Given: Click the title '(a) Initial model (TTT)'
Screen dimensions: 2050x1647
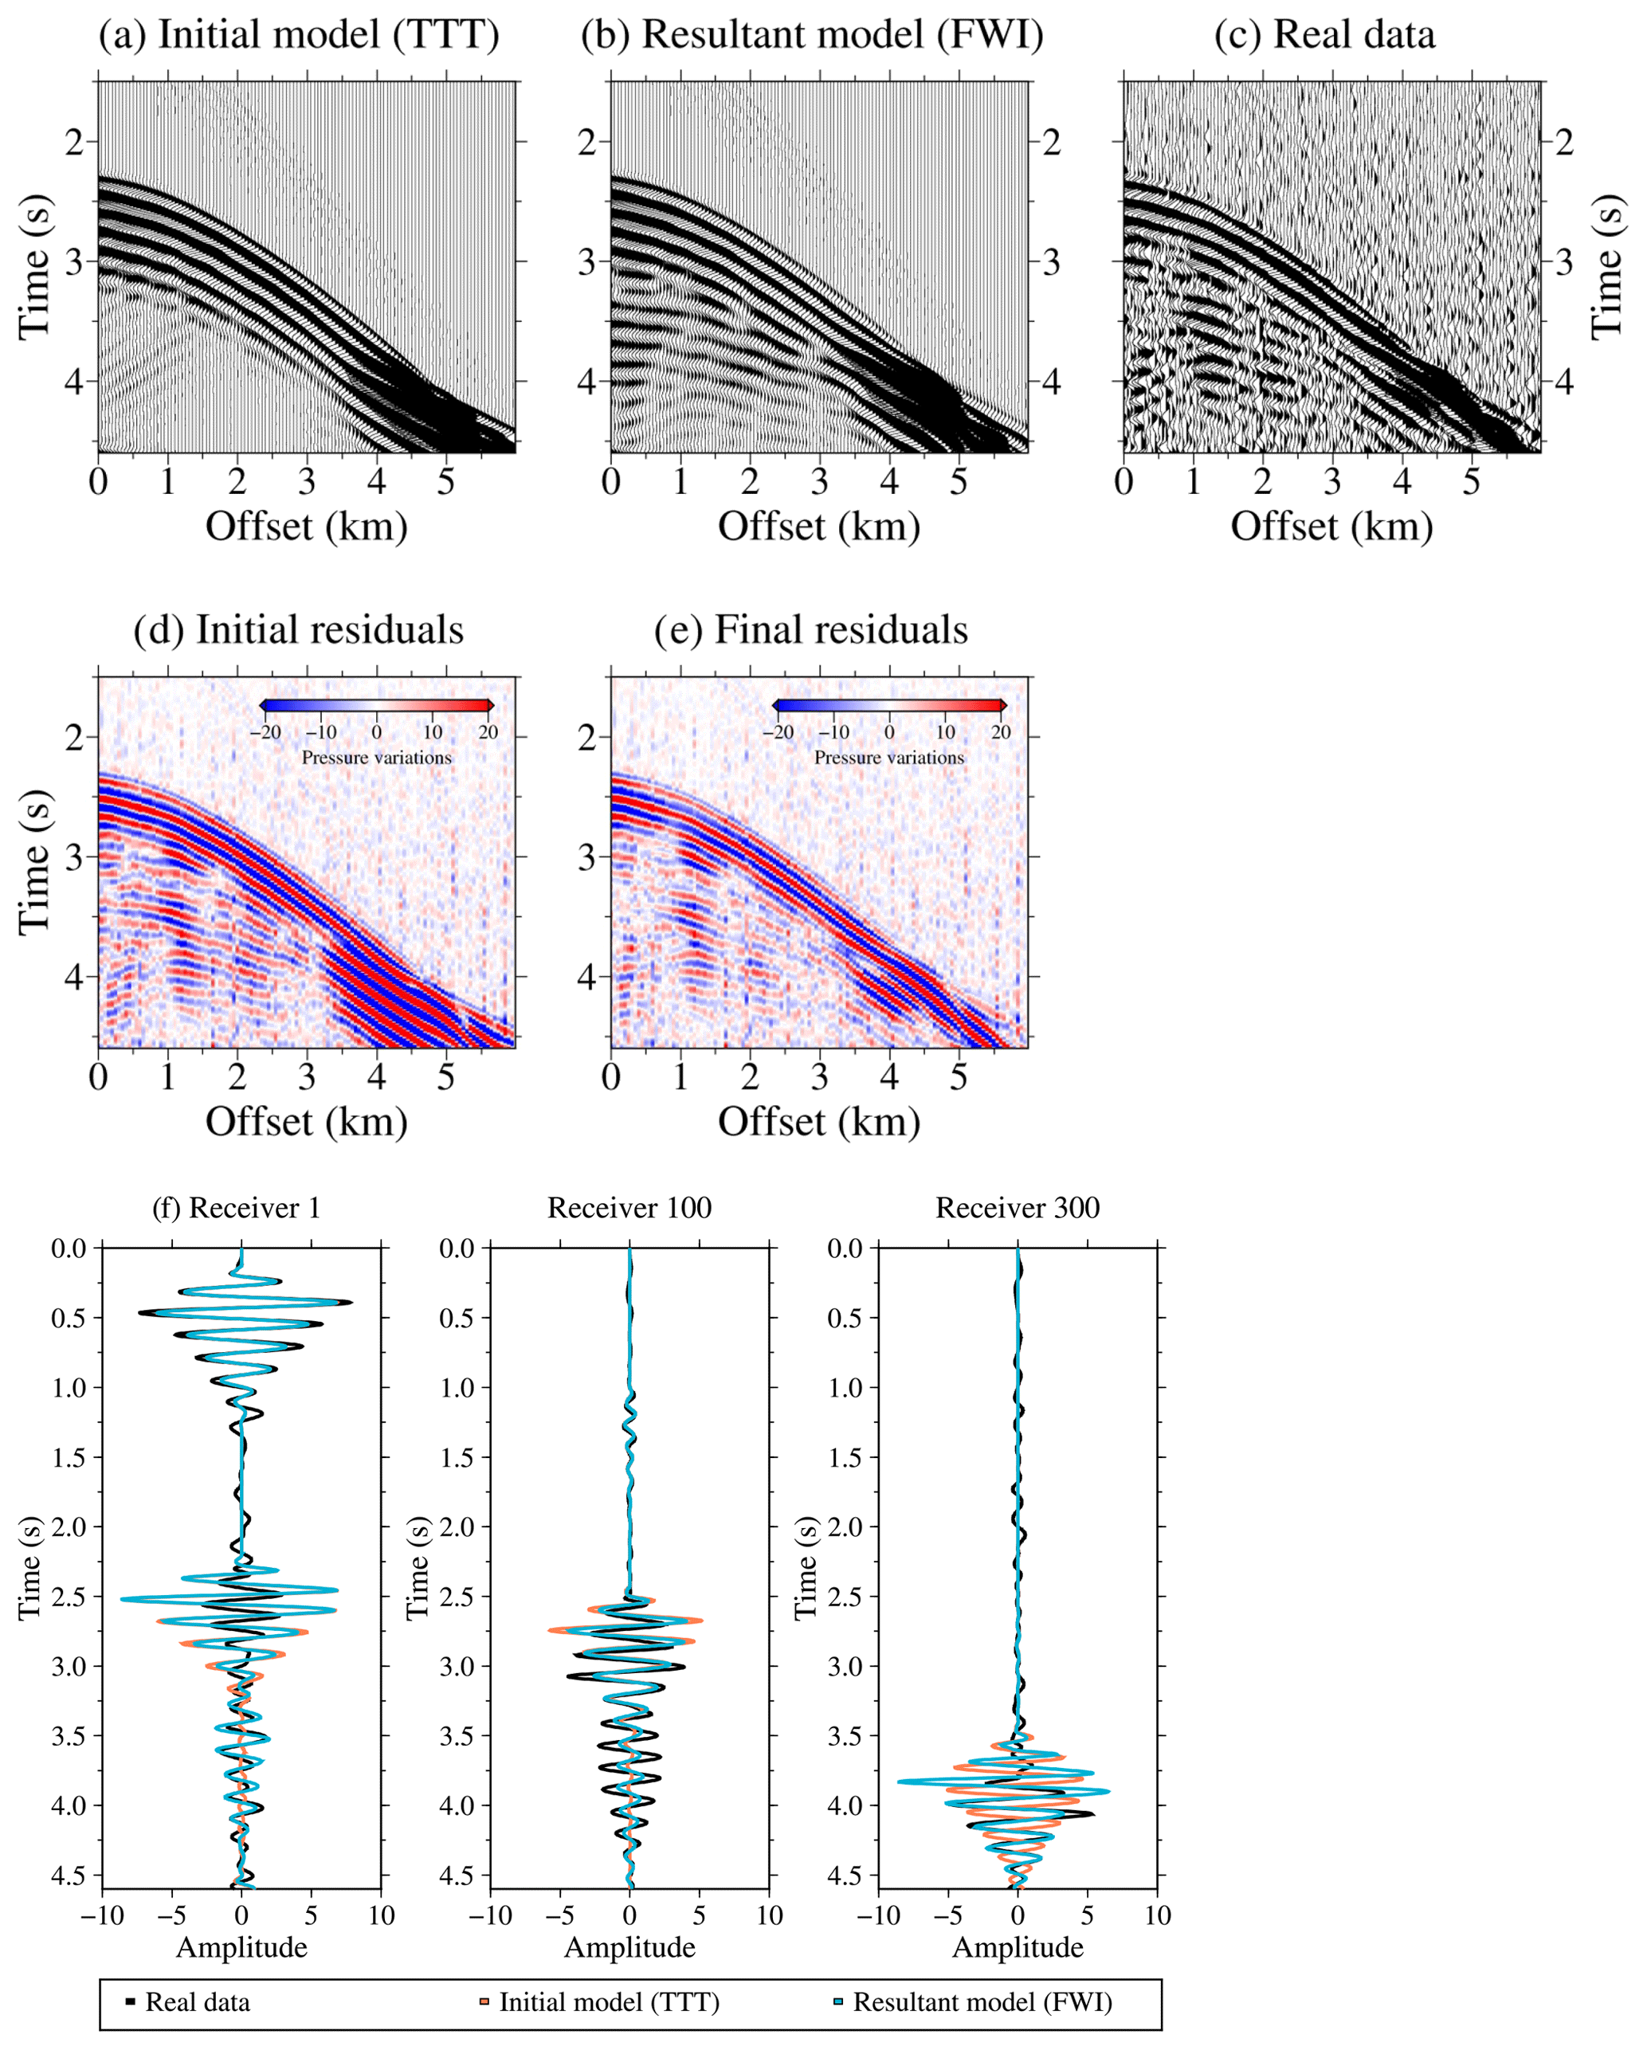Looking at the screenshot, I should click(x=299, y=35).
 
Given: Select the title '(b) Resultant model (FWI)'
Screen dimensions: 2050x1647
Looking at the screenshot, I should click(x=812, y=35).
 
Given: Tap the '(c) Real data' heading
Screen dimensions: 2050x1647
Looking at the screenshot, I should click(x=1323, y=35).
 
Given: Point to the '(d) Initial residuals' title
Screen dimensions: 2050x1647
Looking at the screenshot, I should click(x=299, y=630).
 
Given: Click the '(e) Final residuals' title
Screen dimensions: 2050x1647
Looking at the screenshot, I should click(x=810, y=630).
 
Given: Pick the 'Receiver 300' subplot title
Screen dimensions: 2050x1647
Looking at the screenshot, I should click(x=1018, y=1208).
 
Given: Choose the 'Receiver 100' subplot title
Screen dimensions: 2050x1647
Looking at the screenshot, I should click(x=629, y=1208).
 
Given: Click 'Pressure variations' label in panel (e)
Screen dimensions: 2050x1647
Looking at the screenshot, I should click(x=889, y=758).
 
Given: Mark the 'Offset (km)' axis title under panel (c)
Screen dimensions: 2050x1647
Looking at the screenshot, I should click(x=1331, y=526).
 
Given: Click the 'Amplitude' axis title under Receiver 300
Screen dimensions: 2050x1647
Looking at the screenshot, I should click(x=1018, y=1947).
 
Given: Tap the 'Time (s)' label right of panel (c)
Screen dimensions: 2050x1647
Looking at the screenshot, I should click(x=1606, y=267).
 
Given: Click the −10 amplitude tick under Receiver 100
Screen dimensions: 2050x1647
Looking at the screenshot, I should click(x=490, y=1915).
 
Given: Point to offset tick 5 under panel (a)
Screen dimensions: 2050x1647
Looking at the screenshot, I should click(x=446, y=482).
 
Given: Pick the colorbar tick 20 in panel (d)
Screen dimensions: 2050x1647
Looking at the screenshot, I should click(x=488, y=732).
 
